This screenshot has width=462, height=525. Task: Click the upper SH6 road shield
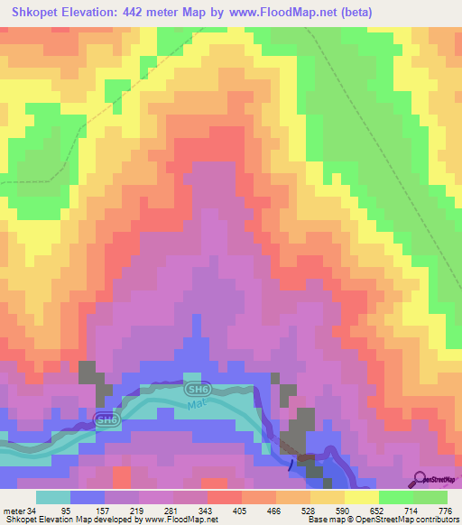click(196, 389)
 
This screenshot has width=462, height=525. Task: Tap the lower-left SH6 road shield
click(106, 419)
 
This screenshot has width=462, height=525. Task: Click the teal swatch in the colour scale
click(53, 498)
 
